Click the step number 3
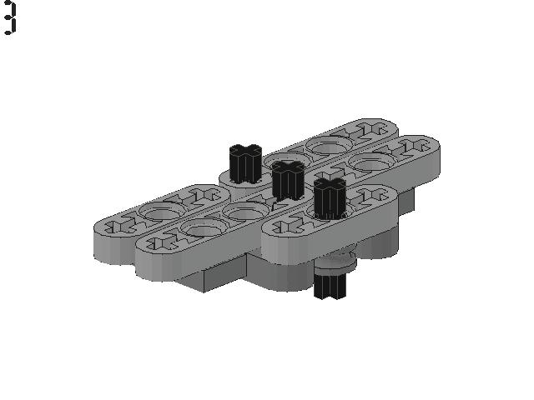coord(9,17)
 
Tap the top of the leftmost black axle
coord(245,150)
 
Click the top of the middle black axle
coord(288,167)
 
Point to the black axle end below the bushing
coord(330,287)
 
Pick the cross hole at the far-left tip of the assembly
coord(118,227)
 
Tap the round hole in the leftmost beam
coord(159,211)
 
